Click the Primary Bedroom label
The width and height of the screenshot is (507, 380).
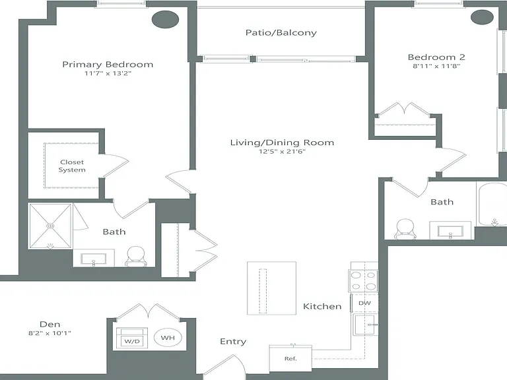108,64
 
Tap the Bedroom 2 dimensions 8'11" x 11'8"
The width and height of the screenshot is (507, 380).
436,66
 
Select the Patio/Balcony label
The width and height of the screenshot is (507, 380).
281,32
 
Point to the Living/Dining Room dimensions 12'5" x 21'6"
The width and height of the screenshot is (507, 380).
282,151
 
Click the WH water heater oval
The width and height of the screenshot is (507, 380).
168,338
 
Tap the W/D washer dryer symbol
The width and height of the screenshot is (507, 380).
132,338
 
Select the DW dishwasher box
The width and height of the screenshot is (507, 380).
364,303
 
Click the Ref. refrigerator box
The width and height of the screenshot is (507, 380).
290,358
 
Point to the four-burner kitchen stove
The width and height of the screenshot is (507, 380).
364,281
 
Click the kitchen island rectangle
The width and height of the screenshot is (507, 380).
271,288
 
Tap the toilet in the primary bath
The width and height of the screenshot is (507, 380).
136,257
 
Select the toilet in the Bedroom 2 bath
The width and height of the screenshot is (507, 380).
405,229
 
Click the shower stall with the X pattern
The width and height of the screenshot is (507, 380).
50,226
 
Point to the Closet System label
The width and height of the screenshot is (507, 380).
72,166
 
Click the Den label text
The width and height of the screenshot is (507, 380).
50,324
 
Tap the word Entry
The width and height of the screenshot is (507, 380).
233,342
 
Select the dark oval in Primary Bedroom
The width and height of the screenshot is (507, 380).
165,19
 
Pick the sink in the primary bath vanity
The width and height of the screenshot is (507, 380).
94,259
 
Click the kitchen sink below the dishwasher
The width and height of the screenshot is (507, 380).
364,325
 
